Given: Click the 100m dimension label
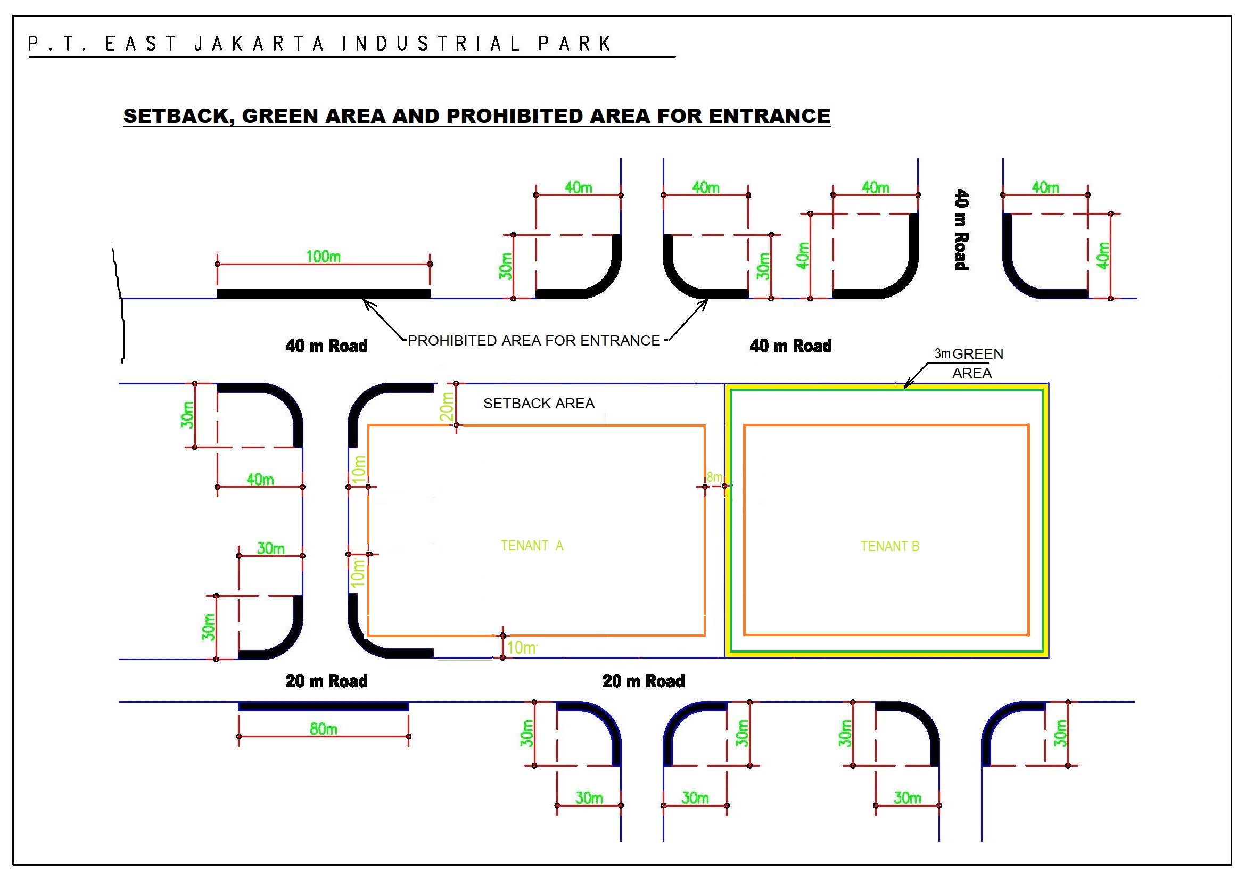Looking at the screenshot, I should (323, 257).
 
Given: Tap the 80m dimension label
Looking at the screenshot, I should (323, 729).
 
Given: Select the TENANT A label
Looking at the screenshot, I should (532, 546).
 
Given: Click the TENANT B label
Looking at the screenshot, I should (890, 547).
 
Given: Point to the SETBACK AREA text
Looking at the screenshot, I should (539, 404).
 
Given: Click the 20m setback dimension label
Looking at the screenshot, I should (447, 406).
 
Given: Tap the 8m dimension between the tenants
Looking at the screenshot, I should (714, 477).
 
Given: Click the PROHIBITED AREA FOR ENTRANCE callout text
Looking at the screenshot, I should (533, 341).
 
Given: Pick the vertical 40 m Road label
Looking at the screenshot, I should (961, 229).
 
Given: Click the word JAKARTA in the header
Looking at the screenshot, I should (259, 43).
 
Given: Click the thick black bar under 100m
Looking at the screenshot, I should (323, 294).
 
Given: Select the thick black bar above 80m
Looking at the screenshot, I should (323, 706).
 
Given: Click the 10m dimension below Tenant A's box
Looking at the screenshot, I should (522, 647).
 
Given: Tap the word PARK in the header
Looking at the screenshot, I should (575, 43).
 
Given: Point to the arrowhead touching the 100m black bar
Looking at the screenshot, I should (367, 302).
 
